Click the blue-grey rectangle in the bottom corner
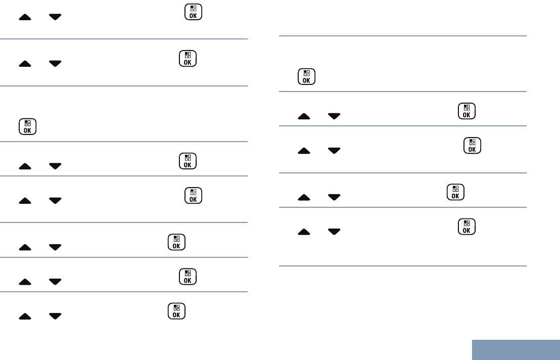(x=516, y=349)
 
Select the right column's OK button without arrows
(x=306, y=76)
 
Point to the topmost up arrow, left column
(x=25, y=17)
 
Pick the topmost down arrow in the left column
(x=55, y=17)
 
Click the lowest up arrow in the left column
(x=25, y=316)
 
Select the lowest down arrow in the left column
(x=55, y=316)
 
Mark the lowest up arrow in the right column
(x=304, y=232)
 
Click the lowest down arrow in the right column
(x=334, y=232)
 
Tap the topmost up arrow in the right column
(x=304, y=116)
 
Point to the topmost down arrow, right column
(x=334, y=116)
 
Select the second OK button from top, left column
(x=188, y=59)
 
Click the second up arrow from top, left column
(x=25, y=64)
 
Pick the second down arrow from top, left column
(x=55, y=64)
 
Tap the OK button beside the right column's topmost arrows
(x=466, y=111)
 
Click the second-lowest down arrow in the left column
(x=55, y=282)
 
